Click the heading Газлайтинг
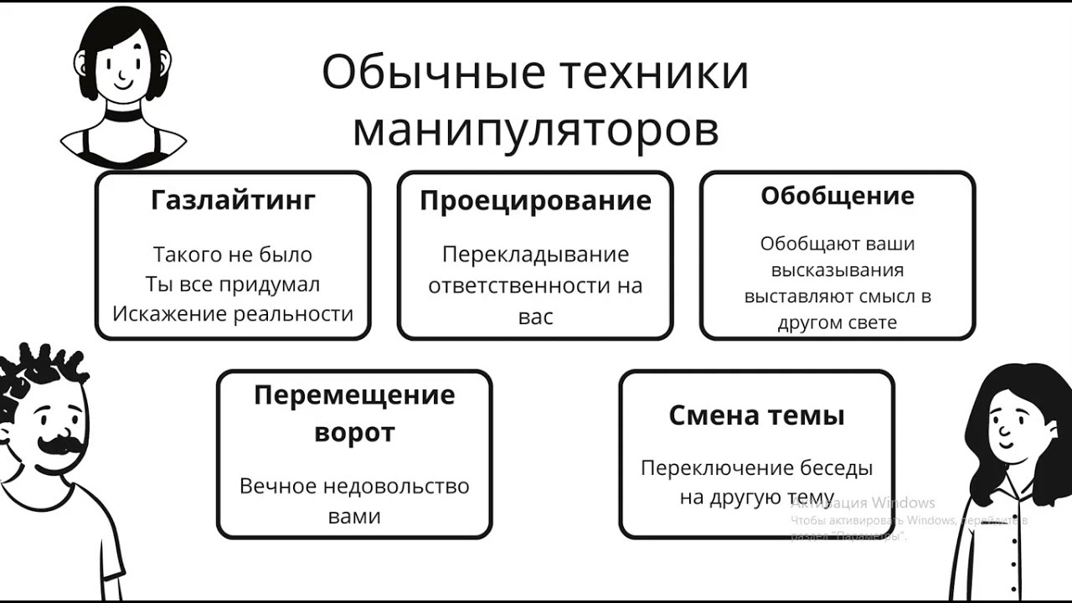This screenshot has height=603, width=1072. tap(233, 201)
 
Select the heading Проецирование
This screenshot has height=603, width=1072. tap(535, 201)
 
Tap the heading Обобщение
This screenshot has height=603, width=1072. tap(837, 196)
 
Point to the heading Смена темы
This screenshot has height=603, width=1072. tap(756, 415)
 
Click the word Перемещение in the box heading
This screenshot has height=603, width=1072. tap(354, 394)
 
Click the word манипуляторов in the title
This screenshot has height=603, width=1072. tap(535, 130)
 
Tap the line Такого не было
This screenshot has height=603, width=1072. tap(233, 255)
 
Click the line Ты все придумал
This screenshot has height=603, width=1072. tap(233, 284)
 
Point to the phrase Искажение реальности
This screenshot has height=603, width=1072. tap(233, 313)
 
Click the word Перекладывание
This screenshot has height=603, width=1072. tap(535, 255)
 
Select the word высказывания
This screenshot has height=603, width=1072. tap(837, 271)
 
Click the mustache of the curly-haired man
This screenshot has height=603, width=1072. tap(59, 444)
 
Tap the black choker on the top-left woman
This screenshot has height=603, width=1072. tap(123, 115)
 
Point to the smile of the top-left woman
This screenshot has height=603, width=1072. tap(122, 84)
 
